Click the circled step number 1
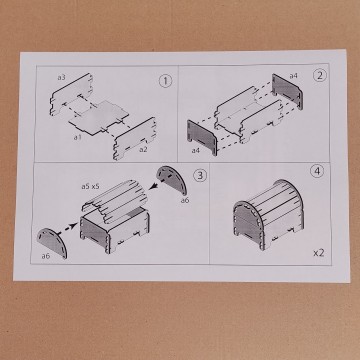point(165,81)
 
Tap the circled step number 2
point(319,76)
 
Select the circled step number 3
point(200,175)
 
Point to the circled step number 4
point(317,171)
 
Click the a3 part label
point(61,77)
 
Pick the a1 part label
point(77,137)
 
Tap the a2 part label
point(143,149)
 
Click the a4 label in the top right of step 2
point(293,76)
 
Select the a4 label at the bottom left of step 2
point(195,150)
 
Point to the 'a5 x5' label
point(90,186)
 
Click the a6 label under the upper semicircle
point(185,200)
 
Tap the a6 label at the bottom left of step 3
point(46,256)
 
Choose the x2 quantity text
point(319,253)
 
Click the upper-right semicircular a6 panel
point(172,179)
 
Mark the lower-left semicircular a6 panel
point(52,242)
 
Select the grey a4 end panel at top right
point(287,92)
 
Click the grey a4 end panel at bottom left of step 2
point(202,137)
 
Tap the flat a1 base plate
point(99,117)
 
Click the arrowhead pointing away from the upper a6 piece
point(153,187)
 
